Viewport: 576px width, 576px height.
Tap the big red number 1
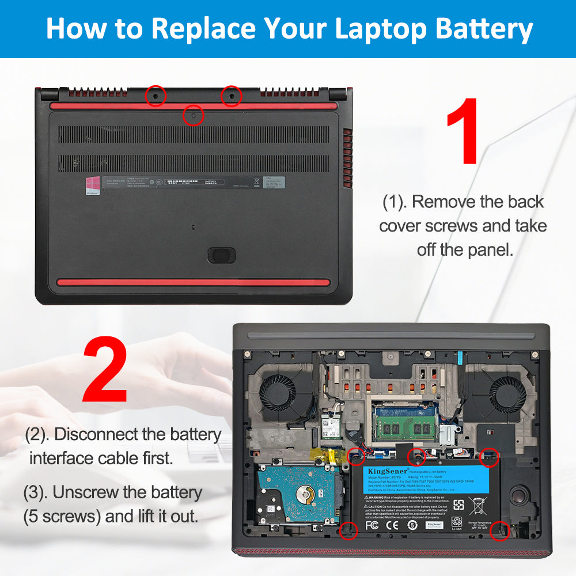tap(462, 131)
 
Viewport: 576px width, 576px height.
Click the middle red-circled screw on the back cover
tap(193, 115)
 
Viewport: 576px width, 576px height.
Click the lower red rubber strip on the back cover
tap(192, 283)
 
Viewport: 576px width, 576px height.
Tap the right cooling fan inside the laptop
tap(506, 394)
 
